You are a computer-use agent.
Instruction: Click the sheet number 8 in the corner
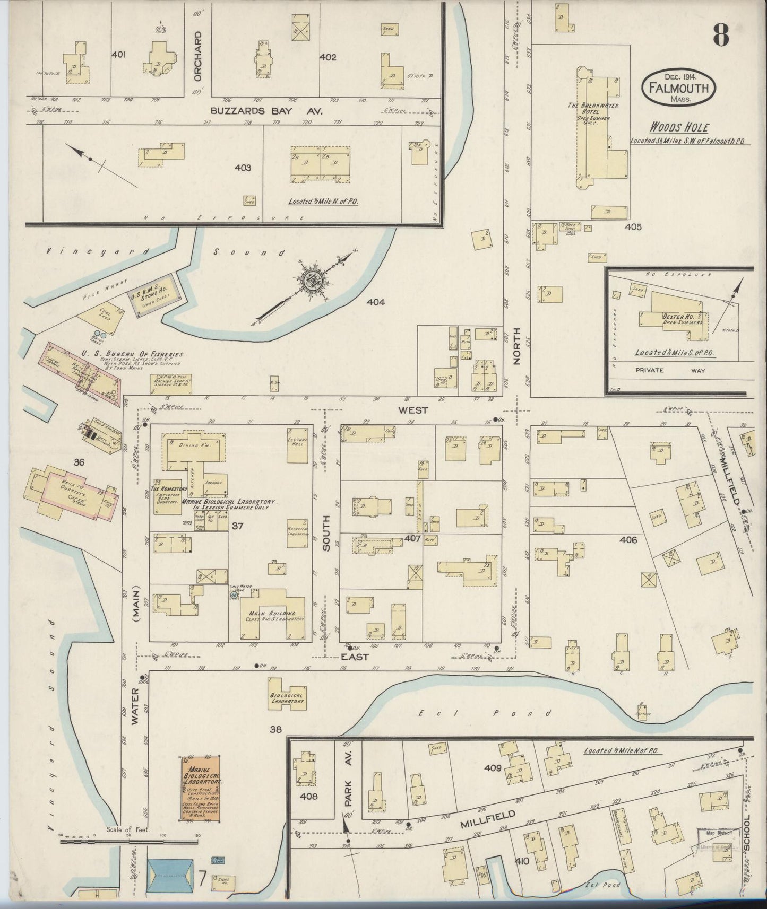(720, 36)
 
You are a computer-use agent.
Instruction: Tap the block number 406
(628, 540)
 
